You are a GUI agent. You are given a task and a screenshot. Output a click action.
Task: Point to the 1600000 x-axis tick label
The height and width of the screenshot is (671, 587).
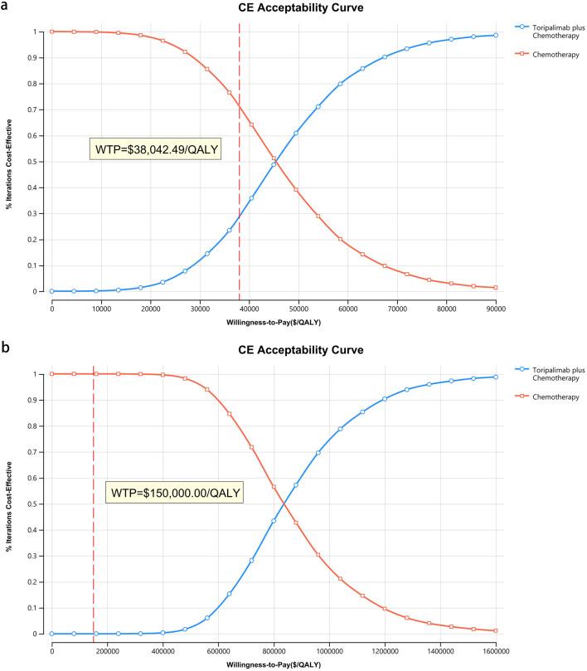tap(496, 648)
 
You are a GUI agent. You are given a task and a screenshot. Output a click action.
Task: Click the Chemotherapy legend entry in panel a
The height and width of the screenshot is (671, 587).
tap(544, 55)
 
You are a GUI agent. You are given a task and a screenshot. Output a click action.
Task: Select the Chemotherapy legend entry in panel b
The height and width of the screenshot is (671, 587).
tap(544, 397)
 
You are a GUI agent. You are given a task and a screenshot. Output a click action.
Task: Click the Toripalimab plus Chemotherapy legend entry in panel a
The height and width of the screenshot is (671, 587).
tap(547, 31)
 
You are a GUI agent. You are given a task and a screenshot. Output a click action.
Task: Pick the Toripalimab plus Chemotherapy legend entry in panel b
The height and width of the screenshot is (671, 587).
tap(547, 373)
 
